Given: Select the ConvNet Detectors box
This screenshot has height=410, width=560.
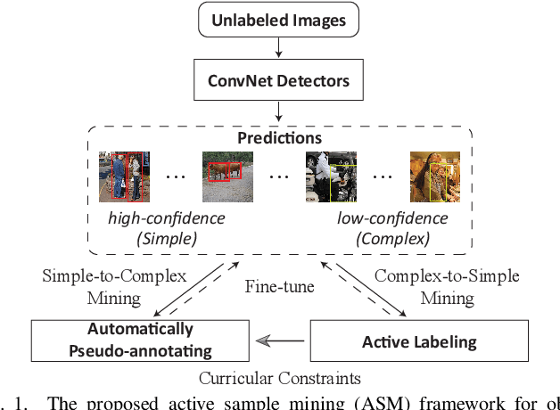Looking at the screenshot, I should [279, 83].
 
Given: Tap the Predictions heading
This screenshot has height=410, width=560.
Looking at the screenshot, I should [279, 139].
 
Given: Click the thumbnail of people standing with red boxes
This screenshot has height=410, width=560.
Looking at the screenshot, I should [125, 176].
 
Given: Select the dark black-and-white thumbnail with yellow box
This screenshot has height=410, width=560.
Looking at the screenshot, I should [331, 175].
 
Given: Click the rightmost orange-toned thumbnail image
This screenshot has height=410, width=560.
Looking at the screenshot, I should [434, 176].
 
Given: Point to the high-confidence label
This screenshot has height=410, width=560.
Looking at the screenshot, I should [154, 217].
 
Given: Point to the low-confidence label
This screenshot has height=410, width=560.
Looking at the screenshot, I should [384, 217].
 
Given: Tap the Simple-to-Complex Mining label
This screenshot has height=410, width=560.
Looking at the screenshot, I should [114, 285].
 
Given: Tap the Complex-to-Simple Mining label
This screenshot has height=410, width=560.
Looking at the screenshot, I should [446, 285].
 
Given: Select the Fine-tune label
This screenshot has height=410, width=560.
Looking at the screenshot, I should [279, 287].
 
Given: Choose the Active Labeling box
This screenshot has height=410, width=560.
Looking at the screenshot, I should [419, 341].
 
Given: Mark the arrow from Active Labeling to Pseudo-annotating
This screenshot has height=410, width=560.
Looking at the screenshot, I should [282, 340].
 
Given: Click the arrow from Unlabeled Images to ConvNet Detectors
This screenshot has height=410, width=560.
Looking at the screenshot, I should [279, 51].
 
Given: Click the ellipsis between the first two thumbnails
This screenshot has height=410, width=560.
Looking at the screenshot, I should [175, 176].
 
